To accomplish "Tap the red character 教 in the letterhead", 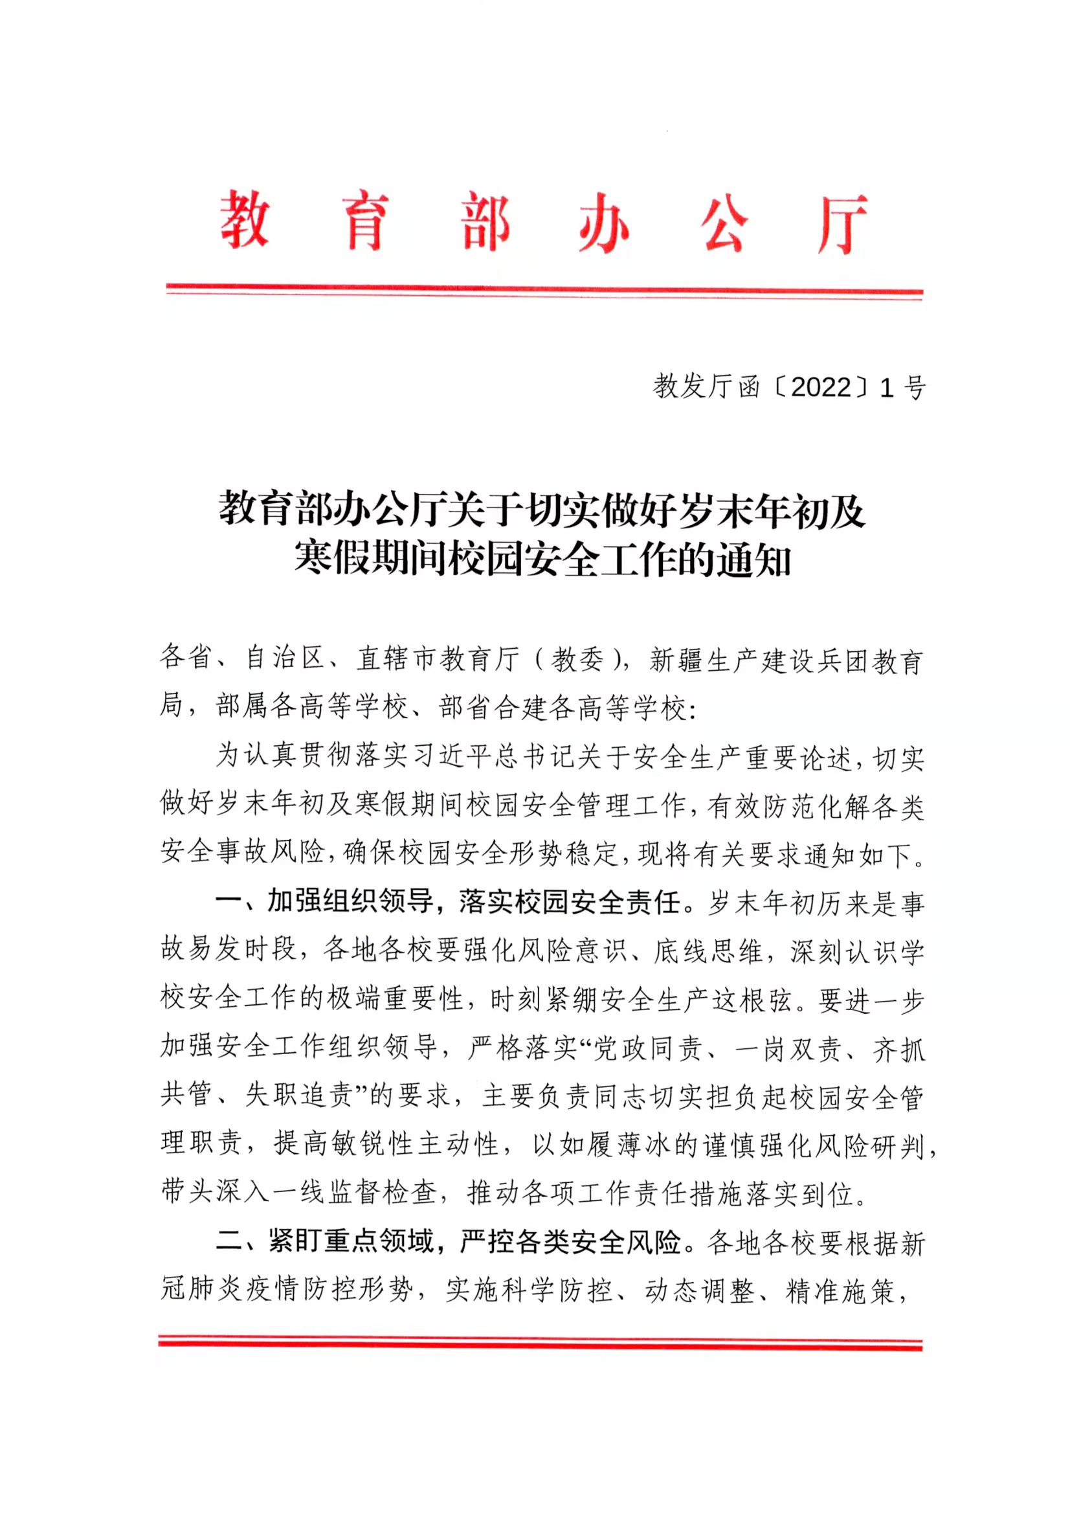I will [x=244, y=221].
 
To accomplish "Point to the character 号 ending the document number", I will [x=914, y=388].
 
